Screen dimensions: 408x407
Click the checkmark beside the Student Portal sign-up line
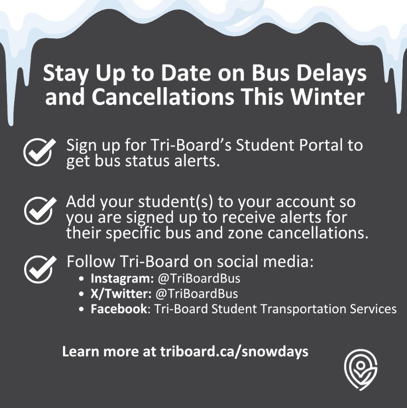pyautogui.click(x=37, y=152)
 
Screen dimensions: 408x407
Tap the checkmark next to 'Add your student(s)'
pyautogui.click(x=37, y=210)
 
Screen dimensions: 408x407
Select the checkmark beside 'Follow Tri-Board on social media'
pyautogui.click(x=37, y=268)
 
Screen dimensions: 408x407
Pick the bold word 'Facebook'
pyautogui.click(x=118, y=309)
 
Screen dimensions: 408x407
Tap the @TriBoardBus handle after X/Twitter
pyautogui.click(x=197, y=294)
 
